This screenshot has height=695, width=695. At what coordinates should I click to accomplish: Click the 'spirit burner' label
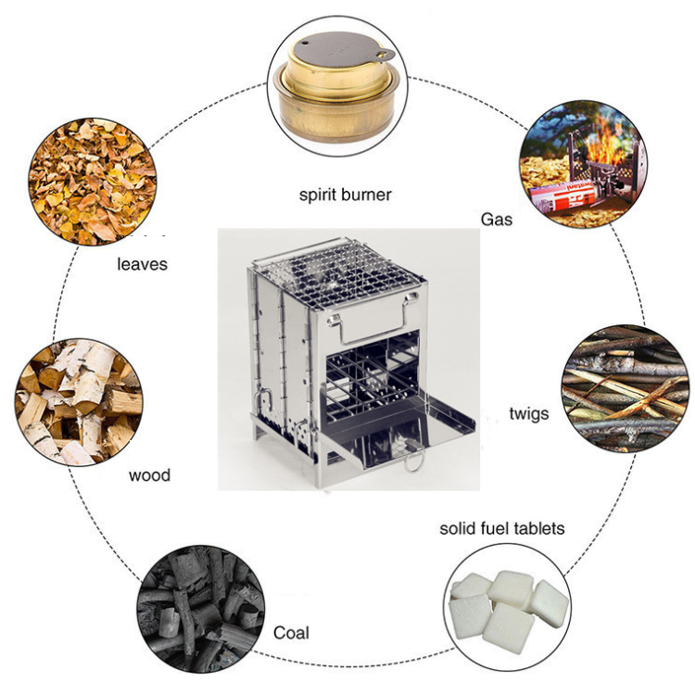coord(346,195)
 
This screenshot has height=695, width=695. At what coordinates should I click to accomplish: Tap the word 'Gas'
coord(497,220)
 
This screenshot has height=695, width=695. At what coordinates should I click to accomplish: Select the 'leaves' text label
coord(143,264)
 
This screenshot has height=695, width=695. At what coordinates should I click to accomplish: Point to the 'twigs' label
coord(529,414)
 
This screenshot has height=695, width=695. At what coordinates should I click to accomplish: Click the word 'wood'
coord(149,475)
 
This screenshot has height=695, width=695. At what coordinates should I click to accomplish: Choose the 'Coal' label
coord(291,633)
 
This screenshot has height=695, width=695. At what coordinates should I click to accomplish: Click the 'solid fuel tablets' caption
coord(501,528)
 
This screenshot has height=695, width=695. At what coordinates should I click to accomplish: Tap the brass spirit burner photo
coord(337,85)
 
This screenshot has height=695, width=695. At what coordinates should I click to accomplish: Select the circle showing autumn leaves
coord(92,182)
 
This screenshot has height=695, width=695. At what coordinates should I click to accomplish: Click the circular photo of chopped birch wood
coord(79,402)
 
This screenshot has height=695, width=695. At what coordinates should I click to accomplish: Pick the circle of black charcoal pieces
coord(201,609)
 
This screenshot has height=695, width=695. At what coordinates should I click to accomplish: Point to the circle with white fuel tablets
coord(507,607)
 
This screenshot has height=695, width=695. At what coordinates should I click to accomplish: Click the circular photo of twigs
coord(625,388)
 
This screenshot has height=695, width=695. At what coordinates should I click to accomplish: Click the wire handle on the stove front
coord(373,319)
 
